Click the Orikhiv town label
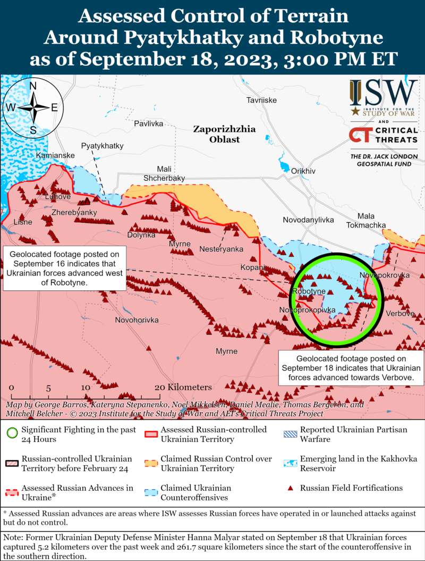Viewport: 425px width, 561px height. tap(303, 171)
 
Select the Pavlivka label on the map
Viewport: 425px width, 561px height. tap(148, 123)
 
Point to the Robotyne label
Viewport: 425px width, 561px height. tap(309, 291)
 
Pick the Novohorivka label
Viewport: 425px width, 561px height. tap(137, 320)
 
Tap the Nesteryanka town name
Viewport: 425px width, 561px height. tap(221, 249)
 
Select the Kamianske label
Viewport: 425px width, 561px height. tap(55, 155)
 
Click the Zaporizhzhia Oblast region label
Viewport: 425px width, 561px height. tap(224, 134)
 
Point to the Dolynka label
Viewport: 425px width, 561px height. tap(141, 235)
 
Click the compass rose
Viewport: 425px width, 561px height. tap(33, 107)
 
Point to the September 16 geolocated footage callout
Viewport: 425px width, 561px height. tap(65, 268)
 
